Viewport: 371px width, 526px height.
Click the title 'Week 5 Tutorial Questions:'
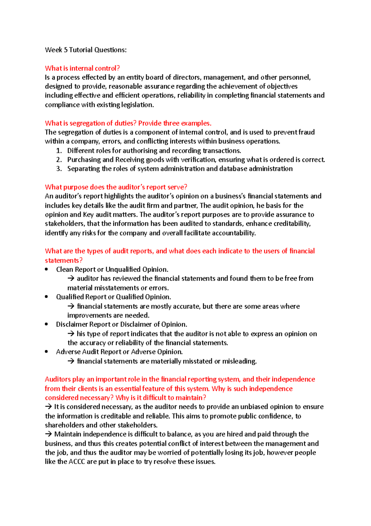[x=86, y=50]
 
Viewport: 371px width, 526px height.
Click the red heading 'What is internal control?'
[x=82, y=68]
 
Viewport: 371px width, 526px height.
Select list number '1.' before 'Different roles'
[x=59, y=151]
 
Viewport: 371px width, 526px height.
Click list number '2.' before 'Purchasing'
[x=59, y=160]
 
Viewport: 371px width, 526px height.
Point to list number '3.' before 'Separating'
[x=59, y=169]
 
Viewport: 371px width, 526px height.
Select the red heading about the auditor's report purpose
[x=116, y=187]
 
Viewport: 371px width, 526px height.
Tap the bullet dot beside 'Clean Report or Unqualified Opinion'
[x=46, y=269]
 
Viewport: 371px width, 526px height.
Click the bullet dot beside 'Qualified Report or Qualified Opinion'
[x=46, y=297]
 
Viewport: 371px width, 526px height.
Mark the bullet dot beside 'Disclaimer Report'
[x=46, y=324]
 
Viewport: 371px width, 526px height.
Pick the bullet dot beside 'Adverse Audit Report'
[x=46, y=352]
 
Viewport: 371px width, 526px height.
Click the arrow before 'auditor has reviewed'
[x=71, y=278]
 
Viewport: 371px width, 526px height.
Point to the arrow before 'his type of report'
[x=71, y=334]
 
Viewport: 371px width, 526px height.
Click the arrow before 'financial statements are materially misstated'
[x=71, y=361]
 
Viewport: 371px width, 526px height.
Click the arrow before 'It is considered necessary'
[x=48, y=407]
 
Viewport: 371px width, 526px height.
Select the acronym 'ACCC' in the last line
[x=77, y=462]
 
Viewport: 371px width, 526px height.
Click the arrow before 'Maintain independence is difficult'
[x=48, y=434]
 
